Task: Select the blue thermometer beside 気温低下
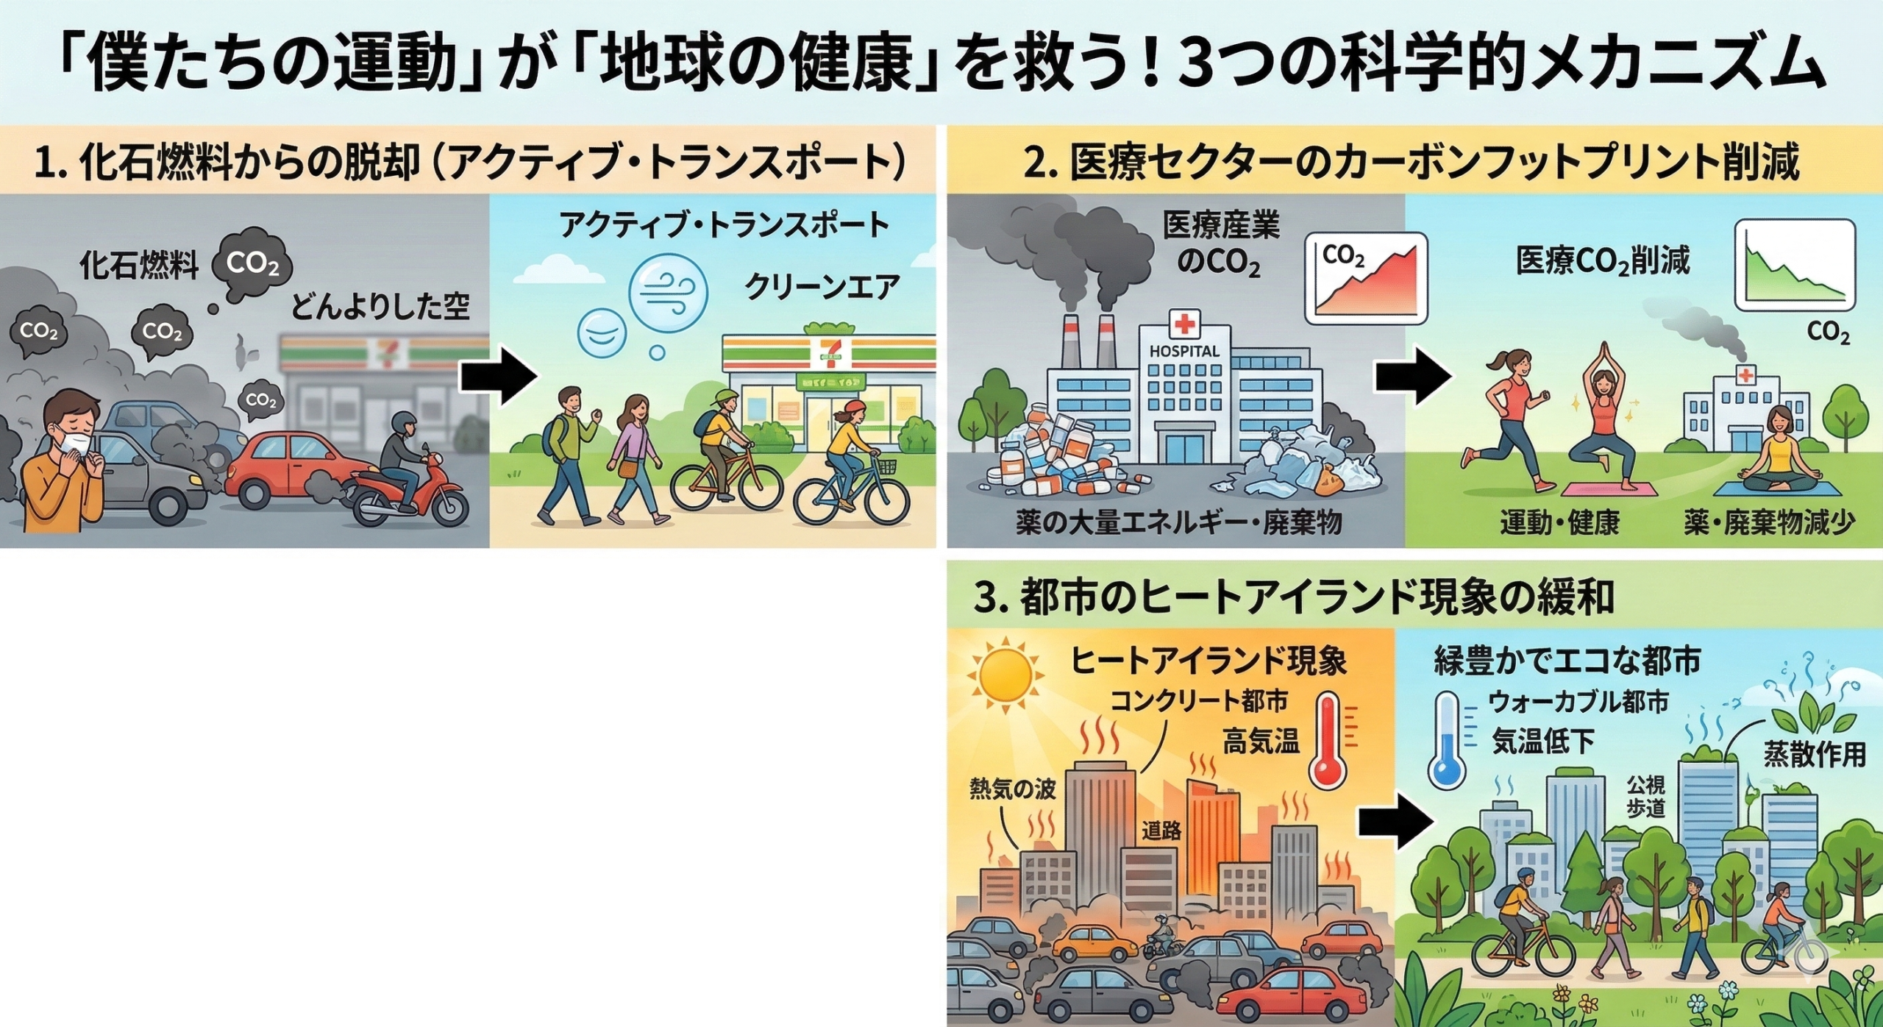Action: click(1447, 739)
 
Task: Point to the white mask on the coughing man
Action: click(76, 444)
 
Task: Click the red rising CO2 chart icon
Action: click(1366, 278)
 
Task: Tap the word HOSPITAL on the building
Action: click(1183, 352)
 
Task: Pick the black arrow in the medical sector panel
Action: click(1413, 377)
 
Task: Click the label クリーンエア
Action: click(821, 288)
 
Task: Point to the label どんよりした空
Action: click(380, 306)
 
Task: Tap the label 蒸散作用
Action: click(1815, 754)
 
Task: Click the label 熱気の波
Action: click(1012, 789)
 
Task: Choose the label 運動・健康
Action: click(1560, 523)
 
